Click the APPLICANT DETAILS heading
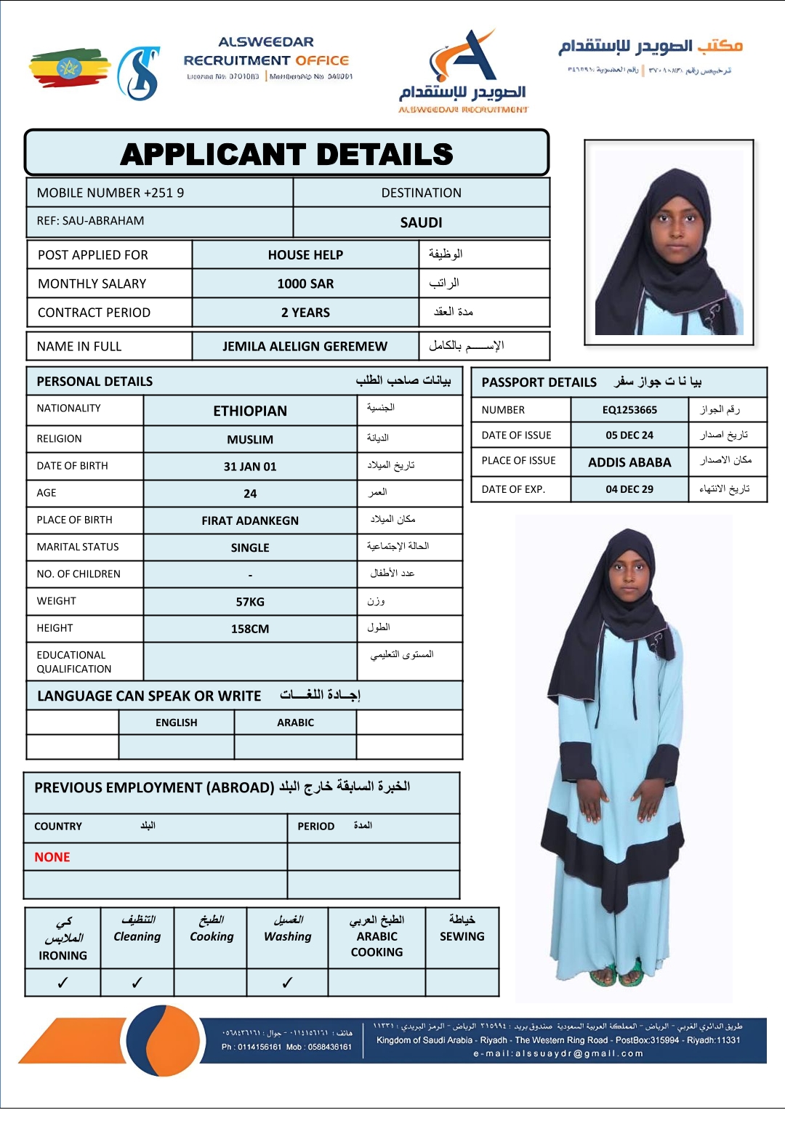coord(286,154)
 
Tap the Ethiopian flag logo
coord(69,68)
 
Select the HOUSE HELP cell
coord(305,254)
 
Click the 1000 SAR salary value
coord(305,283)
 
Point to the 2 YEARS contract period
coord(305,313)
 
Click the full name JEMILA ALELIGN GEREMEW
coord(305,346)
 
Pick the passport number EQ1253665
coord(629,410)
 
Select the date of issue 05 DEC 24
coord(629,435)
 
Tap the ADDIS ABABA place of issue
coord(629,462)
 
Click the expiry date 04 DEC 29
coord(629,489)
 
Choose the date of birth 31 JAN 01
coord(250,467)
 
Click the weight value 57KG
coord(250,602)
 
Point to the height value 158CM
coord(250,629)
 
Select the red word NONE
coord(52,857)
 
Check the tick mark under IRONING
coord(63,983)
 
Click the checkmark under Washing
coord(287,983)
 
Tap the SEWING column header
coord(462,936)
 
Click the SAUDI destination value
coord(421,222)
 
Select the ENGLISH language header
coord(176,723)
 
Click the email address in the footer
coord(558,1053)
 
